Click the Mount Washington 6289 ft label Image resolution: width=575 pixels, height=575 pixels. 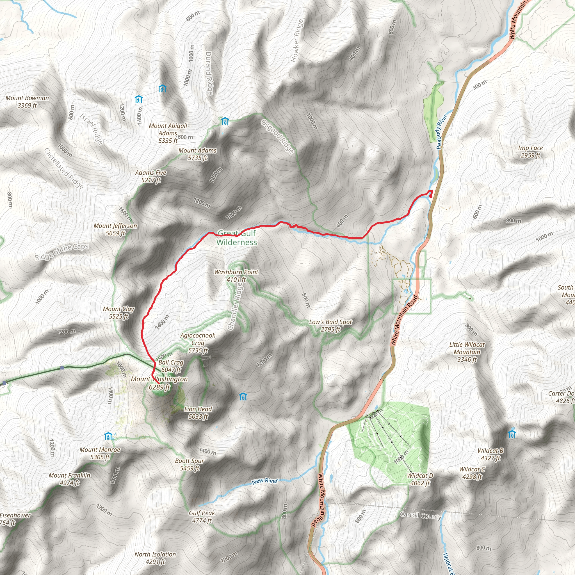(x=159, y=383)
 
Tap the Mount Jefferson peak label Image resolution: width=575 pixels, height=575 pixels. (x=115, y=229)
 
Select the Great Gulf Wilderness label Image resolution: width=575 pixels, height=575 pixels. (x=237, y=238)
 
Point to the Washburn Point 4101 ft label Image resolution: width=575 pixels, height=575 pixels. (x=236, y=276)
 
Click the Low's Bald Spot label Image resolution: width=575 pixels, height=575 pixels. (x=330, y=326)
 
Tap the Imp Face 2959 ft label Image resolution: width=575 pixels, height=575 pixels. (x=530, y=152)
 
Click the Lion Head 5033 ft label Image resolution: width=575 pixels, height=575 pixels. (x=198, y=413)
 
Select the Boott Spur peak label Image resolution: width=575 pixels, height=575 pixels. (x=190, y=464)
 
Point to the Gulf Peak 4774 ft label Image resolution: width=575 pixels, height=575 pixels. (x=202, y=516)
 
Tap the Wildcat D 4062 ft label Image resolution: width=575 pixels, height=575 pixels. (x=420, y=479)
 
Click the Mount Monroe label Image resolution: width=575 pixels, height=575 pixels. (x=100, y=453)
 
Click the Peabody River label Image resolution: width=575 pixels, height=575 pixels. (x=442, y=132)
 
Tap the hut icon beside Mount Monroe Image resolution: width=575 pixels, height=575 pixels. (x=108, y=436)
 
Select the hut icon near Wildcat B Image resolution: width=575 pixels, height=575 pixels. (x=512, y=434)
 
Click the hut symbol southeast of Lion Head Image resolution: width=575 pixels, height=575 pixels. (x=243, y=397)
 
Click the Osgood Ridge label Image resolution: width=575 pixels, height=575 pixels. (x=277, y=136)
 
